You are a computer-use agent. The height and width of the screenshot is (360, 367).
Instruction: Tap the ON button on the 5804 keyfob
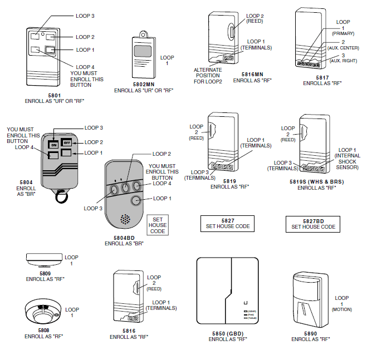53,144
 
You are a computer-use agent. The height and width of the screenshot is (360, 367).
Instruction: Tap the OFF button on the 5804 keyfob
66,142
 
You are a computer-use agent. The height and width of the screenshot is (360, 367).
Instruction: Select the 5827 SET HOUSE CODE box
228,224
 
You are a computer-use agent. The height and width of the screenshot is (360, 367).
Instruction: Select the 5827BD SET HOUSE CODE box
313,224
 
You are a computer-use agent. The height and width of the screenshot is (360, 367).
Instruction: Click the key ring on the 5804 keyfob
60,196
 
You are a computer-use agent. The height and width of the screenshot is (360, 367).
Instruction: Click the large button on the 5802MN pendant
142,52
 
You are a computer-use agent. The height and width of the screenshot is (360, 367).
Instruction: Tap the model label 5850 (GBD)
227,333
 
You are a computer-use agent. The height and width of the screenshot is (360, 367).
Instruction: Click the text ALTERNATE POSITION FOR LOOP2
208,76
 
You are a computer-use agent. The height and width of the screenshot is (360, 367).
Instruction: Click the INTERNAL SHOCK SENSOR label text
348,161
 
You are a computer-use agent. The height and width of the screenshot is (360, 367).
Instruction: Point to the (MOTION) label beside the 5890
342,309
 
